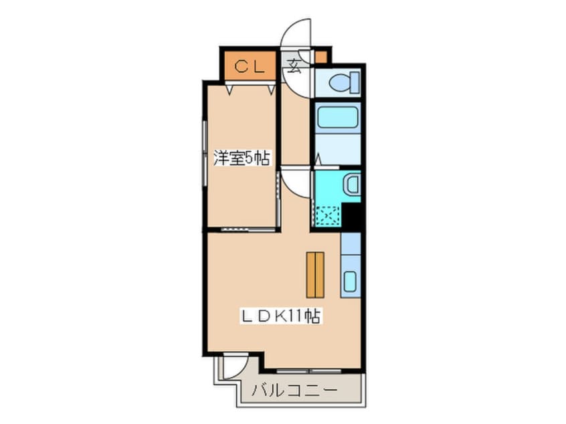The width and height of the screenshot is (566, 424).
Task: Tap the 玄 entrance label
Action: click(294, 65)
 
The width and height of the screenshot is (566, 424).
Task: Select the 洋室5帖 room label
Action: click(241, 158)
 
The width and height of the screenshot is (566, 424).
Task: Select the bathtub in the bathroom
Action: click(337, 118)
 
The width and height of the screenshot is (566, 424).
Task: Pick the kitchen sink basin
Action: click(350, 281)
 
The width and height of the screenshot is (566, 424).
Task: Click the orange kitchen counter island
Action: click(314, 274)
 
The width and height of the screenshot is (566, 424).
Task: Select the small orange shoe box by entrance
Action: click(321, 57)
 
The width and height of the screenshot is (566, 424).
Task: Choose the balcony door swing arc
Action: click(235, 366)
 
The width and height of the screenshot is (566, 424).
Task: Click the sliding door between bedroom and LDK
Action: click(248, 229)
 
